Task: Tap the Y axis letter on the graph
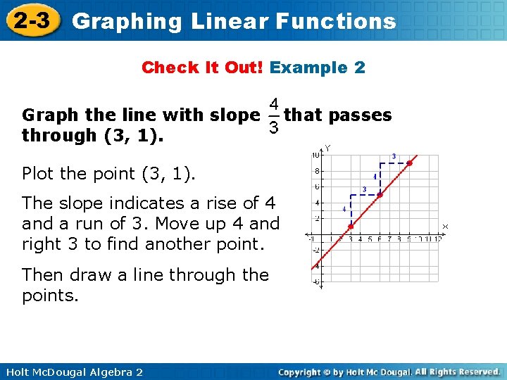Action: click(327, 148)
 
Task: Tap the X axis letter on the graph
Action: click(445, 226)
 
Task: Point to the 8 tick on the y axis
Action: click(318, 170)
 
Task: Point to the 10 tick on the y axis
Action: click(317, 154)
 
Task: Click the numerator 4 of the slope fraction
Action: click(275, 103)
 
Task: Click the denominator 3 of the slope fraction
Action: click(275, 128)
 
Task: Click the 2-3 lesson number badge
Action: click(32, 21)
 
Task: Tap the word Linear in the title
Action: click(228, 21)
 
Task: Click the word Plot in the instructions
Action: click(39, 173)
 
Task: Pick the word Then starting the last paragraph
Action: click(42, 274)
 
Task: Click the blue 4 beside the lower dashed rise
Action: click(344, 209)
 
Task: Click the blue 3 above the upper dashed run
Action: click(394, 156)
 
